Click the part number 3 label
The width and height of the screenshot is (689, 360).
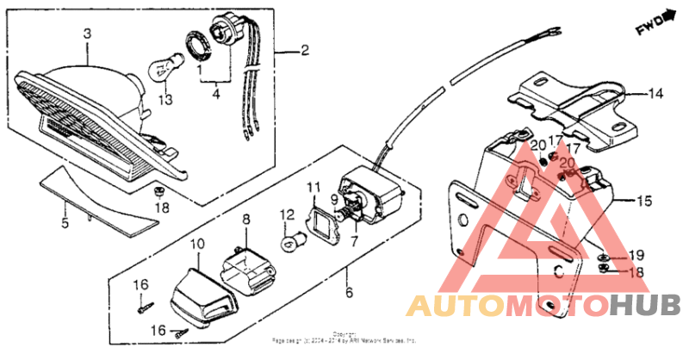click(x=86, y=34)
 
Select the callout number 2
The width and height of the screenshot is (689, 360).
click(x=304, y=52)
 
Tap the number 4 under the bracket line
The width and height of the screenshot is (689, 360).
click(x=216, y=94)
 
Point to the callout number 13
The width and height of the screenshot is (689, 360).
click(x=164, y=100)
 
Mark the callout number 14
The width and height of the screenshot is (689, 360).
click(x=655, y=93)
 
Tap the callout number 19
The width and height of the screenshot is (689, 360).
click(x=636, y=256)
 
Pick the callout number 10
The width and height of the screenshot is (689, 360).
click(x=197, y=245)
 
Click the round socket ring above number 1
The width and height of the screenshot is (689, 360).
click(x=197, y=44)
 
